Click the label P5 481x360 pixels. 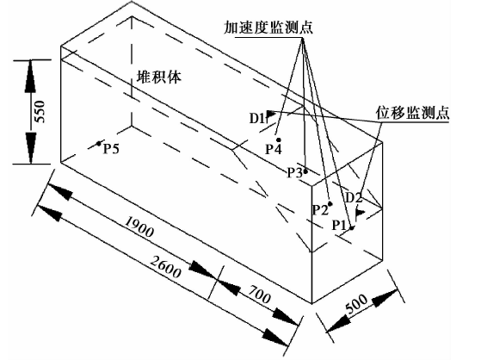(111, 149)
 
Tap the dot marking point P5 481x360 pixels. (99, 144)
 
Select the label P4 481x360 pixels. (274, 150)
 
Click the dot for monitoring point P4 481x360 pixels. (279, 140)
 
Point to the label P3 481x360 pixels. (295, 173)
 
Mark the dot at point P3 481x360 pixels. (305, 171)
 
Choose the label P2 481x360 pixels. (320, 210)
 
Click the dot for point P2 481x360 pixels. (330, 203)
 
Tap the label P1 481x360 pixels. (339, 226)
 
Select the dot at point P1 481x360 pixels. (352, 228)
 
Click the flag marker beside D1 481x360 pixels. (270, 115)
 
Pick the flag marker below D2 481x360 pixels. (359, 214)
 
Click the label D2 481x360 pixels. (354, 197)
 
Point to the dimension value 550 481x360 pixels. (40, 111)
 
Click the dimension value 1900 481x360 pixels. (139, 227)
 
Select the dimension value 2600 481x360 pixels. (165, 267)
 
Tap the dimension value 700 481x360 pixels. (260, 295)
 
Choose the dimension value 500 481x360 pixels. (356, 304)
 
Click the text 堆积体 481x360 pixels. (159, 77)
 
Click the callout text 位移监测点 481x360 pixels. (412, 113)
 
